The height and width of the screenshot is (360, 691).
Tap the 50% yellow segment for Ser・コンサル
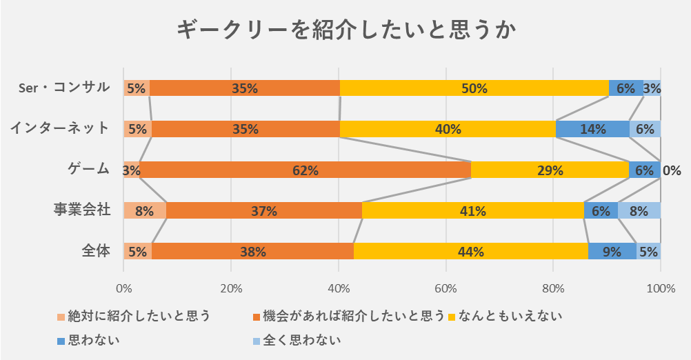click(x=474, y=88)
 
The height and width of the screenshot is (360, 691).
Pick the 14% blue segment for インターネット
click(x=592, y=129)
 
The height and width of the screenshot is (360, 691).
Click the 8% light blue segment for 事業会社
click(x=639, y=211)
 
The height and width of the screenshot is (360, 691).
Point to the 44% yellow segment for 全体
click(x=471, y=252)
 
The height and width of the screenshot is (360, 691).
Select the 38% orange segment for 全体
click(x=252, y=252)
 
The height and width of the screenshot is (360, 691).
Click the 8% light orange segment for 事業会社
click(x=144, y=211)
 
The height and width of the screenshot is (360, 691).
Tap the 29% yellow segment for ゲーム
click(x=550, y=170)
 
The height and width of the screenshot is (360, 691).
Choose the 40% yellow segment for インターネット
click(x=448, y=129)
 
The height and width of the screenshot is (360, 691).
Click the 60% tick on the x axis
click(x=445, y=288)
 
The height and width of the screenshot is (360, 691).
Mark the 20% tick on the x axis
click(x=231, y=288)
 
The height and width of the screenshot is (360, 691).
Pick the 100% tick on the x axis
click(x=661, y=288)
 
